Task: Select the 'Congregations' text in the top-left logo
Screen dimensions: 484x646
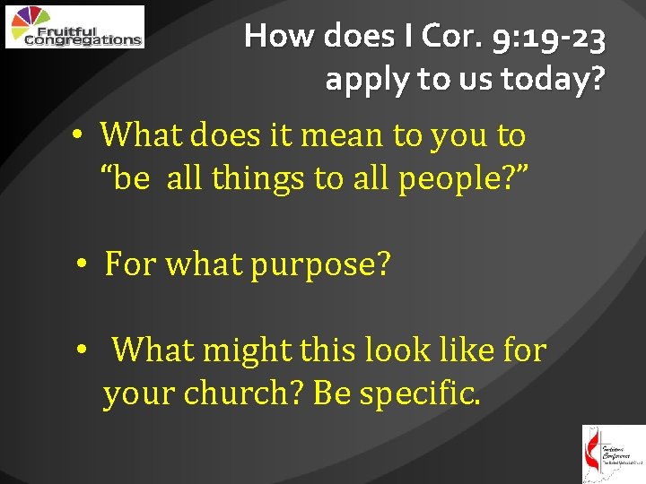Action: (x=83, y=39)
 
